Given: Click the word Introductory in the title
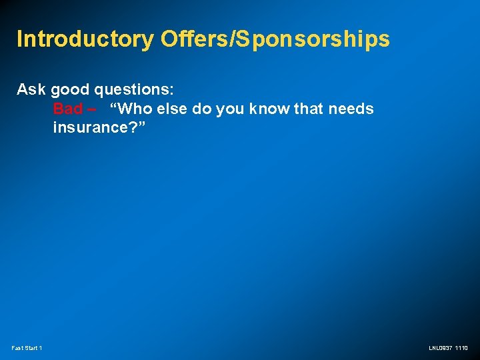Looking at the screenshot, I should (85, 39).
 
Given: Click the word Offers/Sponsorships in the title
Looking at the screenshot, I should (275, 39).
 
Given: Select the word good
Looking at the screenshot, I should (70, 90).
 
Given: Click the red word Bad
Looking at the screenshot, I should (68, 109).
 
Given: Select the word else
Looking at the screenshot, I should (173, 109).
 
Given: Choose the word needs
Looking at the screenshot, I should (351, 109).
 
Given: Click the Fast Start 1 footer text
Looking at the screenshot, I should (27, 348).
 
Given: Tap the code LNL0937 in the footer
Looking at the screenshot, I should (440, 348).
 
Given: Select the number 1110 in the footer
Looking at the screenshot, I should (461, 348).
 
